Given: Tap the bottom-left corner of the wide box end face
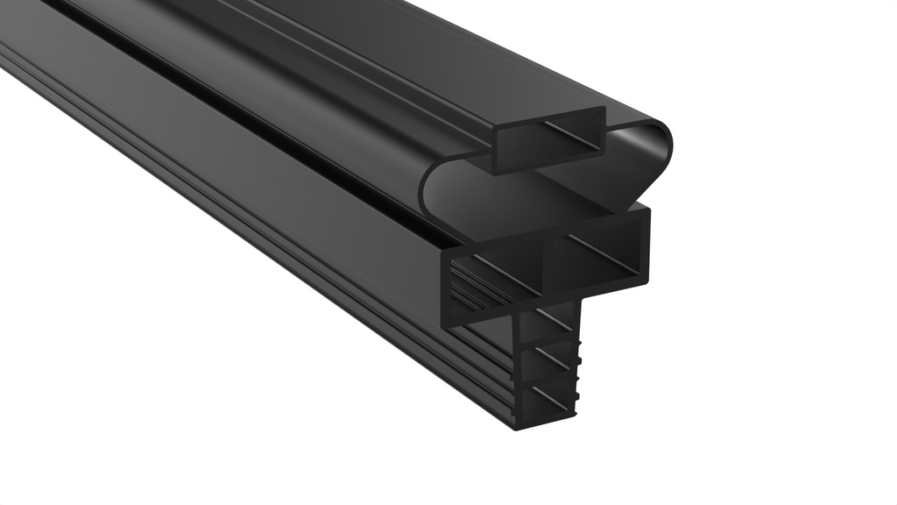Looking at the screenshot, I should [447, 322].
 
